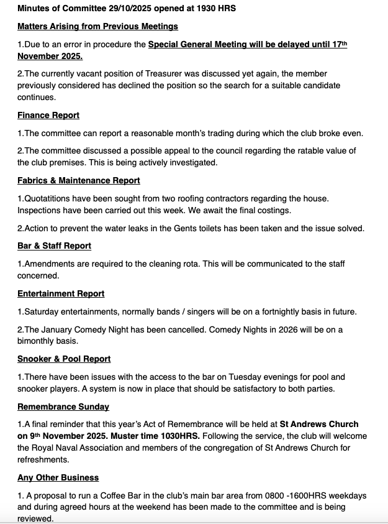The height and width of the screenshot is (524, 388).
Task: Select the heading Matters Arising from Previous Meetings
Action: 97,26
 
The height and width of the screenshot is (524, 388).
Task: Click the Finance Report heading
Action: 48,115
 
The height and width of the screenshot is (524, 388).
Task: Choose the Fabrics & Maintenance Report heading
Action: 79,180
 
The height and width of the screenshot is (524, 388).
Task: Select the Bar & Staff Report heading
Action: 55,246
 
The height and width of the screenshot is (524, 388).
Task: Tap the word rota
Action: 186,264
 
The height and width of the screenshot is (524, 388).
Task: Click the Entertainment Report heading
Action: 61,293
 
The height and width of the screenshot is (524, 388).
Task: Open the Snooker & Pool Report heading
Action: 64,359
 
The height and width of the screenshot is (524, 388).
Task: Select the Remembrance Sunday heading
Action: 63,407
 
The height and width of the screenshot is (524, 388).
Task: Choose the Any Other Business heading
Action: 58,477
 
